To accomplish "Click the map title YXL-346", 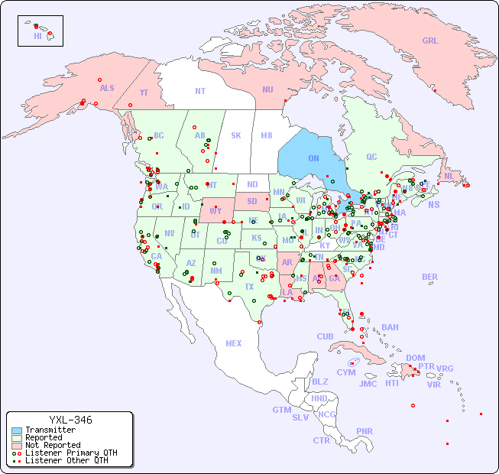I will point(70,420).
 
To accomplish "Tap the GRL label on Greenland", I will point(430,41).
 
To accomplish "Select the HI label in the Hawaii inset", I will point(37,36).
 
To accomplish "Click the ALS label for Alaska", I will point(107,88).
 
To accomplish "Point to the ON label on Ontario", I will point(313,158).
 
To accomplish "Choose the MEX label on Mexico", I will point(234,343).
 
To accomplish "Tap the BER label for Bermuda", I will point(430,277).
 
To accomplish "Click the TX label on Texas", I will point(249,287).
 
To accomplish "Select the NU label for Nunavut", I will point(267,89).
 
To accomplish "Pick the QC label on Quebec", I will point(371,157).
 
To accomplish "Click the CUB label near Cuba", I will point(326,336).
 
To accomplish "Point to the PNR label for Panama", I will point(365,431).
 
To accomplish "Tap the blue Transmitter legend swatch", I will point(17,430).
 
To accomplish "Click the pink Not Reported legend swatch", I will point(17,445).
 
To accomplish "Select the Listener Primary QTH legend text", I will point(70,453).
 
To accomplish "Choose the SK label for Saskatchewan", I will point(236,135).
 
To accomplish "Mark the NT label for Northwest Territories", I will point(199,91).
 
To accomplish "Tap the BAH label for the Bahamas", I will point(390,327).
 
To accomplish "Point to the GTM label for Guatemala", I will point(281,410).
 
